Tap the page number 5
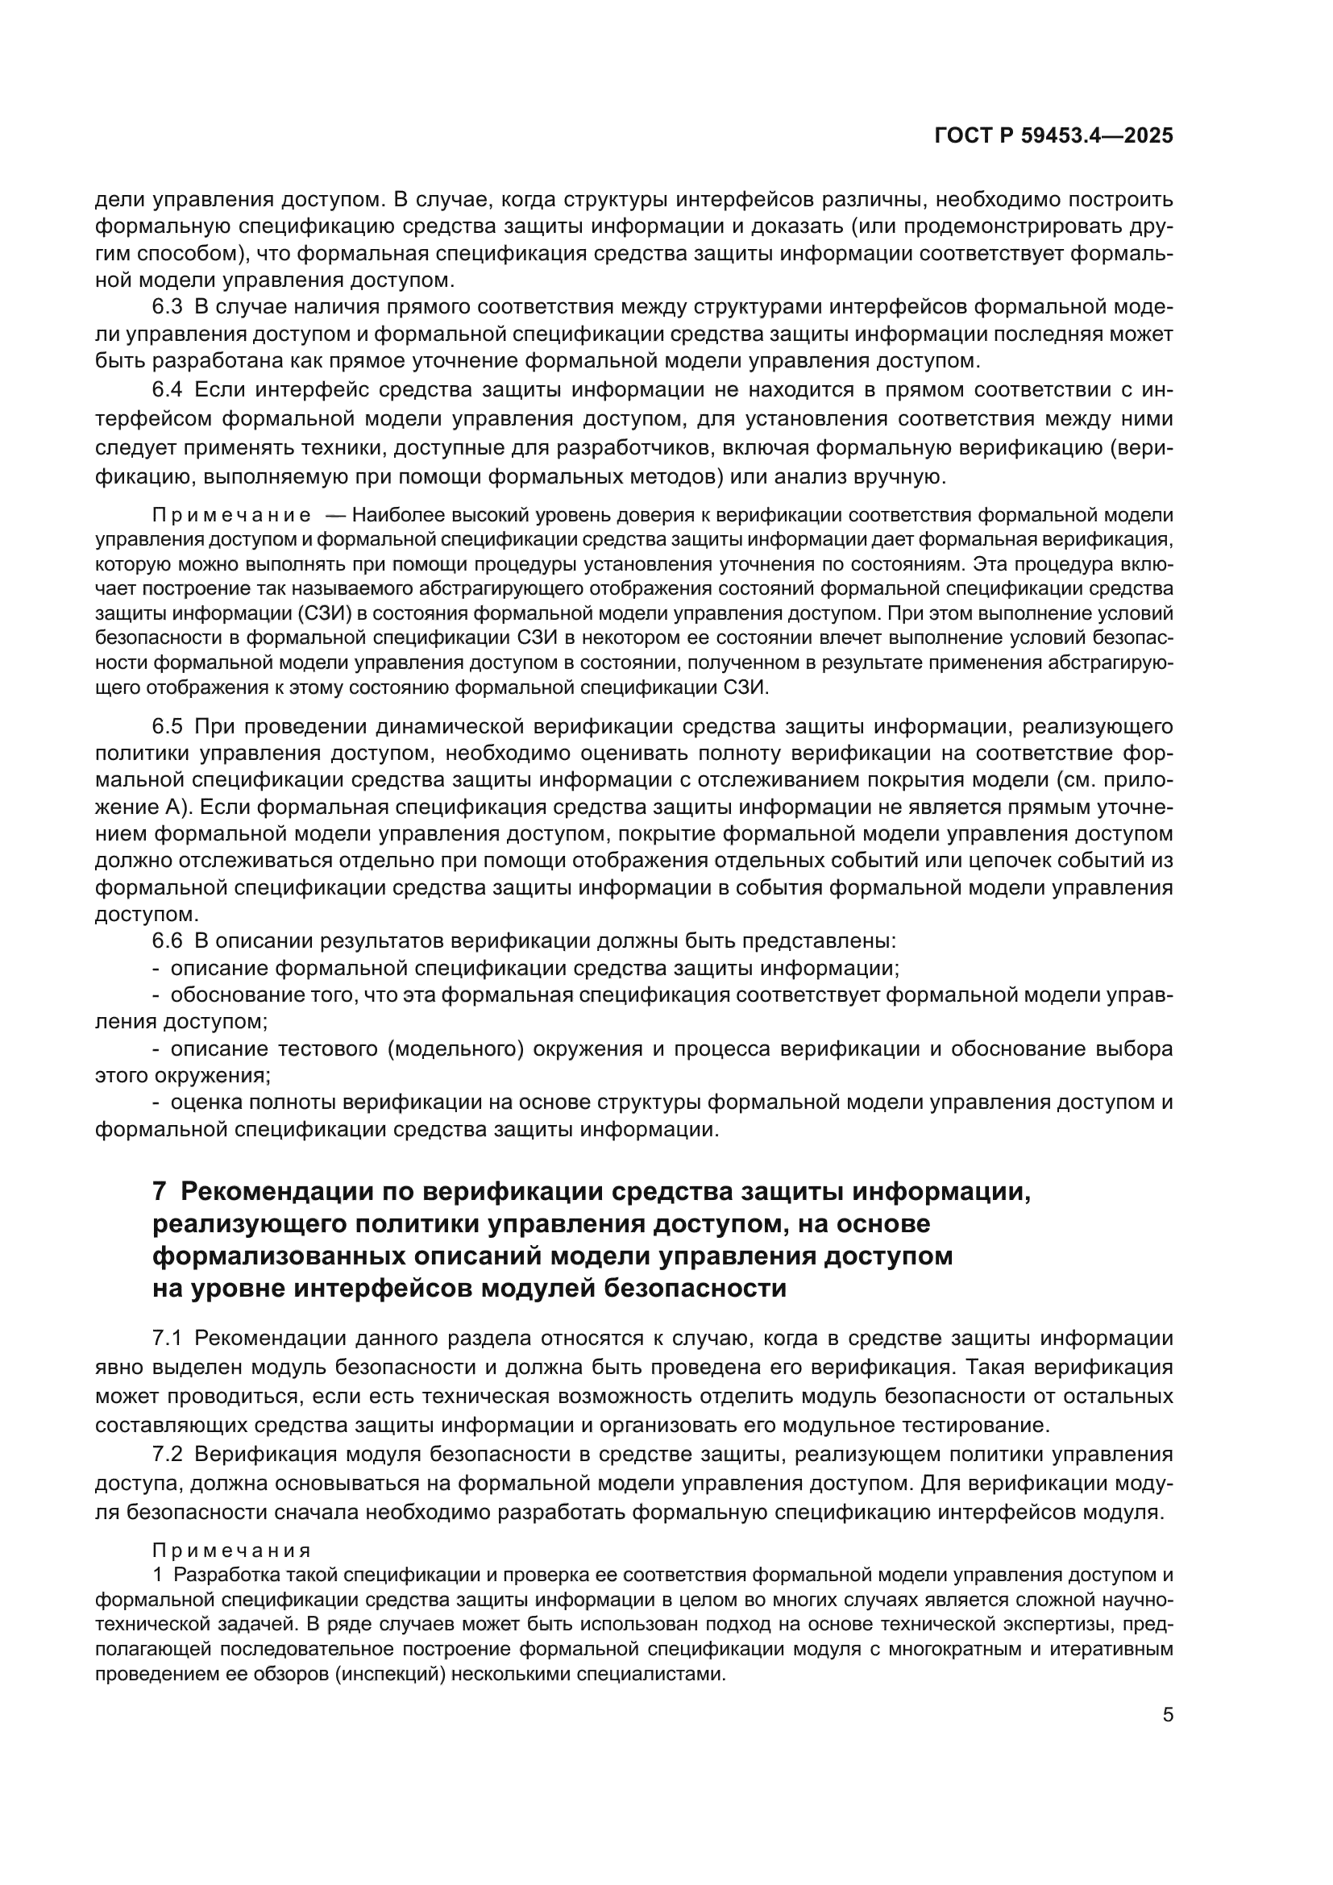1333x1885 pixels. point(1167,1714)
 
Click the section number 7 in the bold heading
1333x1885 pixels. point(160,1191)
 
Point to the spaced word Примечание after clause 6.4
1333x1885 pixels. point(231,516)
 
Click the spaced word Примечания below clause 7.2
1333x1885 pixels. point(231,1550)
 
